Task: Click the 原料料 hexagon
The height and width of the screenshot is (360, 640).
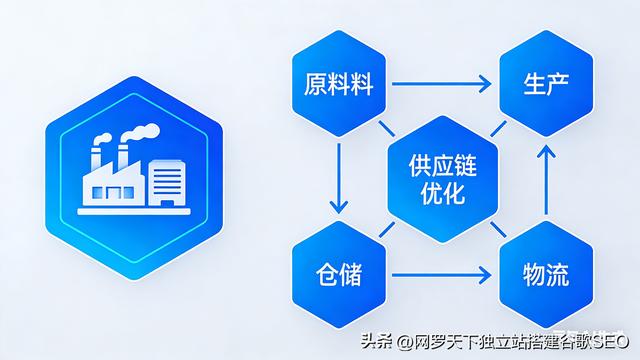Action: point(339,84)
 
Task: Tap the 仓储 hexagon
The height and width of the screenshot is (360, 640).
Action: point(339,272)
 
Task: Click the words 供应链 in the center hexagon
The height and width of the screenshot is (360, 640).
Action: point(437,164)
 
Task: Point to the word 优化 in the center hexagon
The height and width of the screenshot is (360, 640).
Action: point(437,192)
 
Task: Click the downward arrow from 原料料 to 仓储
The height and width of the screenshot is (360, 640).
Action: point(339,177)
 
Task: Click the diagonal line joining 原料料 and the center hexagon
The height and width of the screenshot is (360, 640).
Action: point(386,129)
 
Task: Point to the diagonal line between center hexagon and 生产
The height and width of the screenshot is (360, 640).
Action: point(493,129)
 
